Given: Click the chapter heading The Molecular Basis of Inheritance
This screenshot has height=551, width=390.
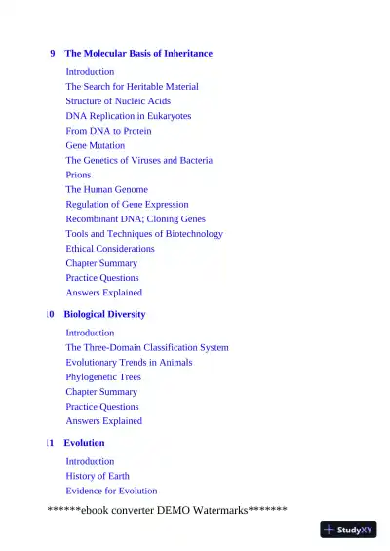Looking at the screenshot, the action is tap(137, 54).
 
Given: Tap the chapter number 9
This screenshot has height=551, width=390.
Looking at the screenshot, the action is tap(53, 54).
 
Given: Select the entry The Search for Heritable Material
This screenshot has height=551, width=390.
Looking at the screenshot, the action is tap(132, 87).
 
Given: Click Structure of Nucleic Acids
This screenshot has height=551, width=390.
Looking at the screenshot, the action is tap(118, 101).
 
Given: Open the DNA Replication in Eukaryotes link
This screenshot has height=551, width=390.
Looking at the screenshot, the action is tap(128, 116).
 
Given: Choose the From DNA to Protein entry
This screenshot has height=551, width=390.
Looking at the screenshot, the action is tap(108, 131).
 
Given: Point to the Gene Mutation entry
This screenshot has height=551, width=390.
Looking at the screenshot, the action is tap(95, 145).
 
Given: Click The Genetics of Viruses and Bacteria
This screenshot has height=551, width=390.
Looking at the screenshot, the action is tap(138, 160).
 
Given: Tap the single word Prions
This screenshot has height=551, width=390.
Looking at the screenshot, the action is tap(78, 176).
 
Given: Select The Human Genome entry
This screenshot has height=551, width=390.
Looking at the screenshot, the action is tap(106, 190).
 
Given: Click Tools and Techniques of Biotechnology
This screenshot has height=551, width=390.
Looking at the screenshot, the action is tap(144, 234).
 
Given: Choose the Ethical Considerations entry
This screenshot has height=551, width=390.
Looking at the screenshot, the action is tap(110, 249).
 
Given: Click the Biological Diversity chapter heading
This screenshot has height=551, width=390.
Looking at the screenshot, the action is tap(104, 315).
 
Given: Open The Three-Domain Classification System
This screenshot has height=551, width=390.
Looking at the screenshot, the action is tap(147, 347).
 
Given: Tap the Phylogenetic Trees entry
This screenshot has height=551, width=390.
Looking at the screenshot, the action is tap(103, 377).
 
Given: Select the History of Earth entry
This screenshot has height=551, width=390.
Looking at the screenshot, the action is tap(97, 476).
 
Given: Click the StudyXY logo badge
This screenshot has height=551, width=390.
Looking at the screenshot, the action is tap(348, 530).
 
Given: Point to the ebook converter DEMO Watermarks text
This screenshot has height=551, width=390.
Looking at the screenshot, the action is tap(167, 510).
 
